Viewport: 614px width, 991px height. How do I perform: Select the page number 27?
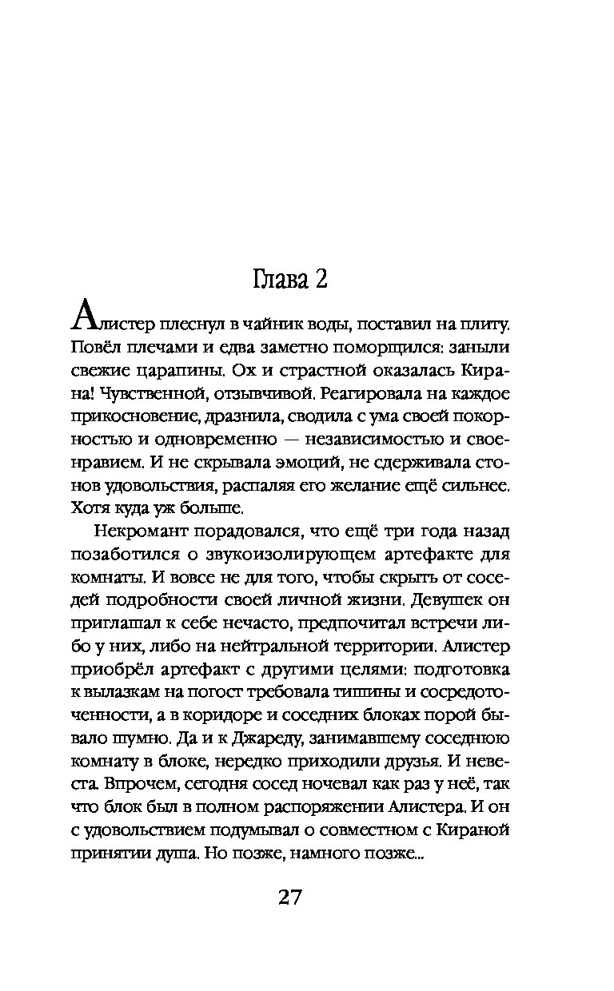(x=290, y=897)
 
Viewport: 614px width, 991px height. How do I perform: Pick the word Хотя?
(x=90, y=507)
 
